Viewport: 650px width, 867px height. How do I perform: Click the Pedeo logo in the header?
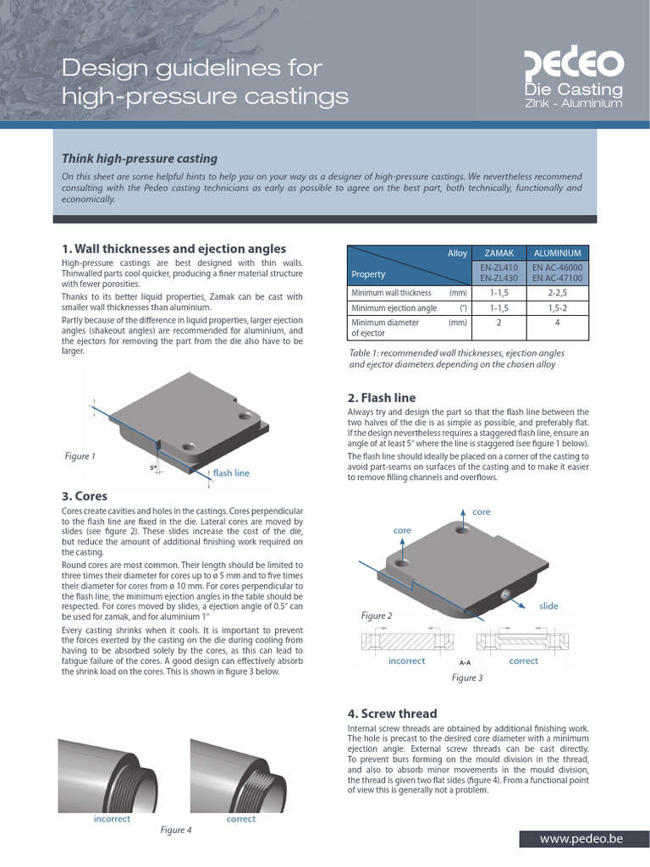click(574, 64)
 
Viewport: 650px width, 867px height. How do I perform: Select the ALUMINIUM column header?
click(557, 253)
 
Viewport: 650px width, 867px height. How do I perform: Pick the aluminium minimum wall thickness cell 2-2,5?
click(557, 293)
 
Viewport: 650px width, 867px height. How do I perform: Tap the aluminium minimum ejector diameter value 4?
click(557, 323)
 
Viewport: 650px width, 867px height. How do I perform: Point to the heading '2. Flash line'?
click(382, 398)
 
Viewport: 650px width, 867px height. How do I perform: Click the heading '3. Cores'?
click(85, 495)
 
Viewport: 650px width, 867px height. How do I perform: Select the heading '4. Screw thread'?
click(392, 714)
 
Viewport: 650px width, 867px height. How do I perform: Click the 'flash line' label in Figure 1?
click(231, 473)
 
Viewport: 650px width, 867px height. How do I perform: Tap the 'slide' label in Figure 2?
click(548, 606)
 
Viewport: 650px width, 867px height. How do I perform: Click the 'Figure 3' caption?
click(466, 677)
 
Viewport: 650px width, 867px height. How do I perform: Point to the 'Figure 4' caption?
click(176, 830)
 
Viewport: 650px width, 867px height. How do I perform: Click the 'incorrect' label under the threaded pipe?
click(112, 819)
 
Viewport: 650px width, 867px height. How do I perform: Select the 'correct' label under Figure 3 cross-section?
click(523, 660)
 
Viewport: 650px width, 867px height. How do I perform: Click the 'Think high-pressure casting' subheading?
click(140, 158)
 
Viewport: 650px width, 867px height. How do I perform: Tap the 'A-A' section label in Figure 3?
click(465, 662)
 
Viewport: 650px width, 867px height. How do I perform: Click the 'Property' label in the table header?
click(368, 274)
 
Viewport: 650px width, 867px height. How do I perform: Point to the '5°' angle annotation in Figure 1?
click(153, 467)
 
